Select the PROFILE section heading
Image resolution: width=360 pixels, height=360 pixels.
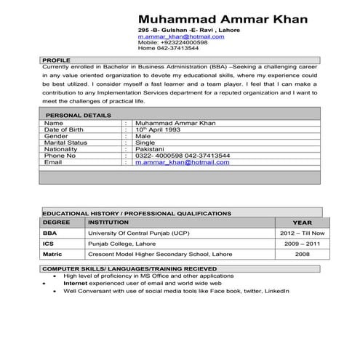56,59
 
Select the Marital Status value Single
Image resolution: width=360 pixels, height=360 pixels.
145,143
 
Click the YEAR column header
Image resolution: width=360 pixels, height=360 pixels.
302,222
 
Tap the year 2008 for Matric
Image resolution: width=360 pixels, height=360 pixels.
302,255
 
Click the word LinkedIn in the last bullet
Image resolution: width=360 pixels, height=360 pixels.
274,290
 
